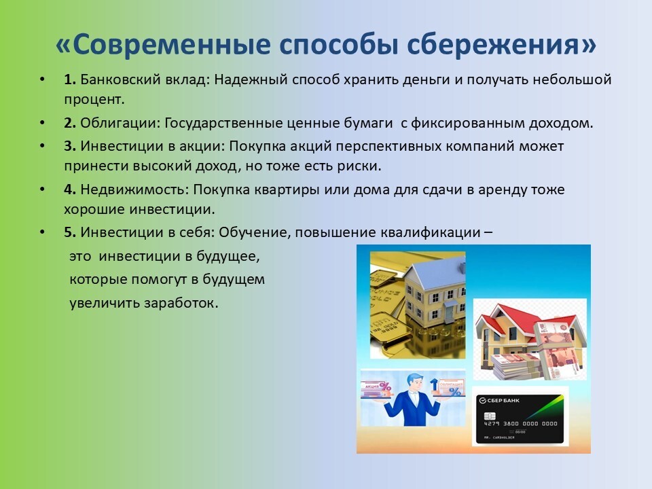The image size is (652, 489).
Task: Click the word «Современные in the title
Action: tap(163, 44)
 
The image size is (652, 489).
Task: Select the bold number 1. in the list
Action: tap(69, 79)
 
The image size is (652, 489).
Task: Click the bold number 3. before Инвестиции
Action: tap(69, 146)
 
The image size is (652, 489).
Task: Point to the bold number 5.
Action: tap(69, 232)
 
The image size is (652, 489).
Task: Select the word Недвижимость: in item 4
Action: tap(134, 189)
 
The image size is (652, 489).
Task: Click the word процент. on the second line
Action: tap(94, 100)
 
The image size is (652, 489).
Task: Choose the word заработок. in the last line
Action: tap(181, 303)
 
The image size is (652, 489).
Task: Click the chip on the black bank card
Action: tap(490, 416)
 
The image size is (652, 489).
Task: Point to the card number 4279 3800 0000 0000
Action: tap(520, 424)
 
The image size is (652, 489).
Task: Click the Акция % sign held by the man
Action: tap(378, 388)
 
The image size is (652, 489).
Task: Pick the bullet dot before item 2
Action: tap(42, 123)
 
